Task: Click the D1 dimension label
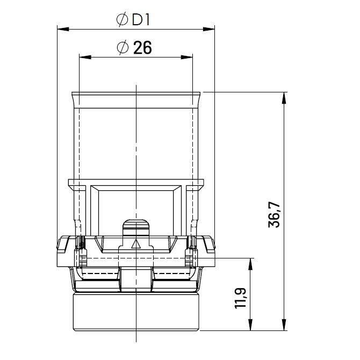click(141, 20)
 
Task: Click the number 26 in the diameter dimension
click(142, 48)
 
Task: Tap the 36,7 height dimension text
click(274, 215)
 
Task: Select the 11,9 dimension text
click(241, 298)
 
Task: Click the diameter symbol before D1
click(122, 20)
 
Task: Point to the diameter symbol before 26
click(123, 48)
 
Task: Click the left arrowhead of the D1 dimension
click(63, 29)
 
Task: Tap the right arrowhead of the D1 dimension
click(208, 29)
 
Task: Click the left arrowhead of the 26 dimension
click(85, 57)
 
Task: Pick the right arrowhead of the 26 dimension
click(186, 57)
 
